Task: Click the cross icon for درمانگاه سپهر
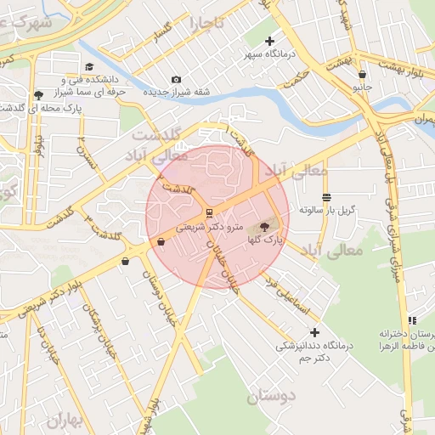click(270, 41)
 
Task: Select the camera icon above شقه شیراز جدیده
click(176, 79)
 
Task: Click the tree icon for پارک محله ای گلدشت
click(38, 94)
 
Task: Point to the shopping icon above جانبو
click(364, 74)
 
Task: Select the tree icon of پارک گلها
click(263, 227)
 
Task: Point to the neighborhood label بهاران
click(67, 420)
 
